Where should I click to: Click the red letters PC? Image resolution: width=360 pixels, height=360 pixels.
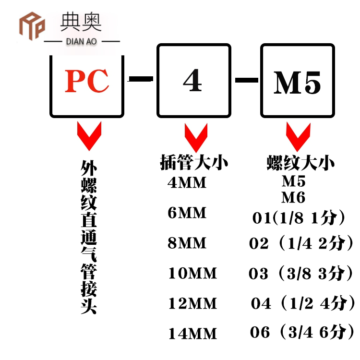(x=87, y=82)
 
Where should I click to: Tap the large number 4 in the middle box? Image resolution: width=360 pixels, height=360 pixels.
(x=192, y=82)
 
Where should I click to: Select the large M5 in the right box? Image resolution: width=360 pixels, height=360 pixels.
(x=297, y=83)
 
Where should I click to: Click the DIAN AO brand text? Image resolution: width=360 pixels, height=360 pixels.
(x=80, y=42)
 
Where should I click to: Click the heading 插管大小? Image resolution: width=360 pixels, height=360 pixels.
(x=194, y=163)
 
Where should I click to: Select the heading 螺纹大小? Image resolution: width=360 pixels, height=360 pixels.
(x=300, y=163)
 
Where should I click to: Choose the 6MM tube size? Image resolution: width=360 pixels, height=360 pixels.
(x=187, y=213)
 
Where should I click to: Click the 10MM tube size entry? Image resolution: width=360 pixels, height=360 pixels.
(x=192, y=274)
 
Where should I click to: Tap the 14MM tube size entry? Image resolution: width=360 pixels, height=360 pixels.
(x=192, y=334)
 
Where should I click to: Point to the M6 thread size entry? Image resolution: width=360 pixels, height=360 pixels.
(x=293, y=197)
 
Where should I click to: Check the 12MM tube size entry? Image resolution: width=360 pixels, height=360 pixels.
(x=192, y=304)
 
